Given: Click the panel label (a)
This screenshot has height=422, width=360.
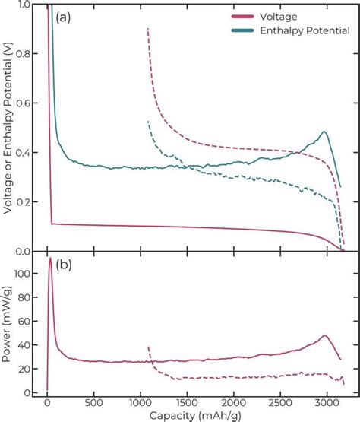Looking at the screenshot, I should [62, 17].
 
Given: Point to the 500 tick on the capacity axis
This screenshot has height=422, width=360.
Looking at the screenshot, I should [94, 402].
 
